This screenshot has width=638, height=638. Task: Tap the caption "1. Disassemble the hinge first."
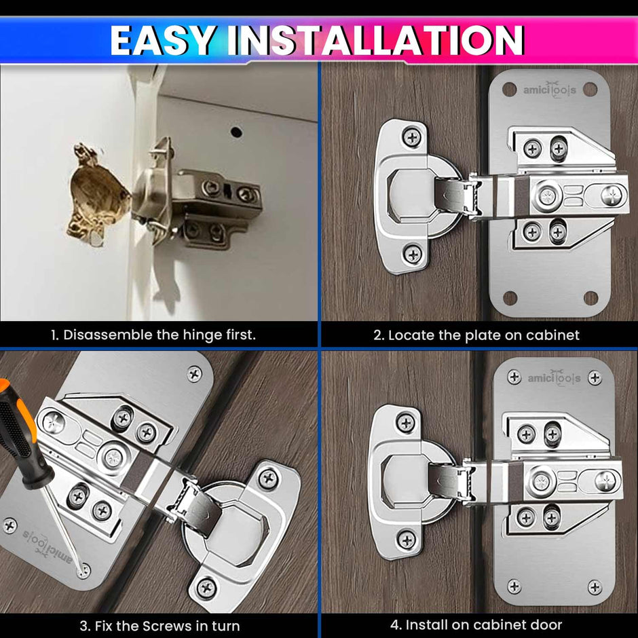point(153,335)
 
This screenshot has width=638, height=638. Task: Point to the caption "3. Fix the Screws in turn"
point(159,625)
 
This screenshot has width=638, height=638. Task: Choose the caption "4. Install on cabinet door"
point(476,624)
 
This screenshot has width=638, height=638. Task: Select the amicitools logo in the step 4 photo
point(554,378)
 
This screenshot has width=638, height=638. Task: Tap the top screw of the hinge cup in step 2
point(412,136)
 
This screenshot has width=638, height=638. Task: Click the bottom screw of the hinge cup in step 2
point(413,254)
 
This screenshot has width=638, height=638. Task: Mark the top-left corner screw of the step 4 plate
point(514,377)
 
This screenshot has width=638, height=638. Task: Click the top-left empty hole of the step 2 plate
point(509,90)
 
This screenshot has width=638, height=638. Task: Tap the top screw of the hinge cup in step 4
point(405,422)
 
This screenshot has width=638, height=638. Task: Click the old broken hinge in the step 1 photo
point(197,197)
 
